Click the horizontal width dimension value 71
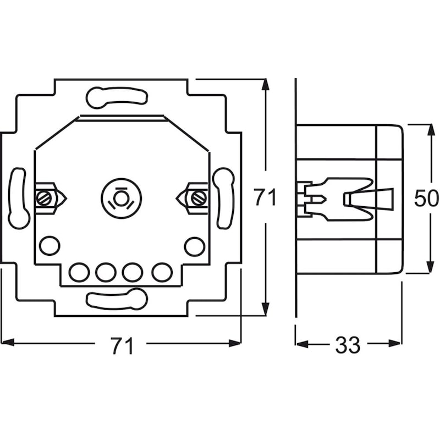(123, 346)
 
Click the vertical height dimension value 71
(265, 197)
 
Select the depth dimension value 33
(348, 345)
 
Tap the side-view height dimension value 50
(426, 199)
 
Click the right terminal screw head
(199, 199)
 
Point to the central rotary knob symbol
(121, 199)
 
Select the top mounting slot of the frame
(117, 98)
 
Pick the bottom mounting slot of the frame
(117, 299)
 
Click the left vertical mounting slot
(18, 198)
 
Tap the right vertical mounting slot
(224, 198)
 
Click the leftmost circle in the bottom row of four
(79, 272)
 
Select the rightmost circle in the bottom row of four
(162, 272)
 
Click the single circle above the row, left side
(50, 246)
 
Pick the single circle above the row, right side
(195, 246)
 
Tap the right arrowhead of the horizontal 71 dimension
(235, 343)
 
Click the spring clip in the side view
(346, 199)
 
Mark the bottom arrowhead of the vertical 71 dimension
(265, 309)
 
